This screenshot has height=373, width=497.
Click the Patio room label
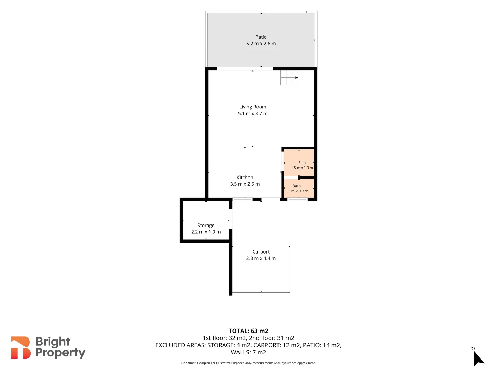click(x=261, y=37)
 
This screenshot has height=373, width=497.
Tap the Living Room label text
click(x=253, y=107)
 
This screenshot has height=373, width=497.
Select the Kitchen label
click(x=245, y=178)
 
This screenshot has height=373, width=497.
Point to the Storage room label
click(x=206, y=225)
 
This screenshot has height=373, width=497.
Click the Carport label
click(x=261, y=252)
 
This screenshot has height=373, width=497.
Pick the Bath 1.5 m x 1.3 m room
click(x=299, y=163)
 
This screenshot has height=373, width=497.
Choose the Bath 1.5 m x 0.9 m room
click(x=299, y=188)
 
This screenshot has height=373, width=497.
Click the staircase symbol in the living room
click(x=289, y=78)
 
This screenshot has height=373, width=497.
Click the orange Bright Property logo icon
click(x=20, y=348)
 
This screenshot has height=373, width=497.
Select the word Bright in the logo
click(x=53, y=342)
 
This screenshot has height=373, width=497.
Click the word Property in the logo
click(x=60, y=353)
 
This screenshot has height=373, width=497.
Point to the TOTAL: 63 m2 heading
click(x=248, y=331)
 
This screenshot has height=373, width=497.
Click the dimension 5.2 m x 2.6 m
click(x=261, y=44)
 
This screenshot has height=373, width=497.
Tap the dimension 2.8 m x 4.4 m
click(x=261, y=258)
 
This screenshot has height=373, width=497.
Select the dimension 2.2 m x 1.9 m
click(x=206, y=232)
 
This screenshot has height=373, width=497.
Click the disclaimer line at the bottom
click(x=248, y=363)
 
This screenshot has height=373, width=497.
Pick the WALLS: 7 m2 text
click(x=248, y=352)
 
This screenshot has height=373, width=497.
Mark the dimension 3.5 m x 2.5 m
click(x=245, y=184)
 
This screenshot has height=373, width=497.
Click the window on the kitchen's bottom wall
click(x=243, y=199)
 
